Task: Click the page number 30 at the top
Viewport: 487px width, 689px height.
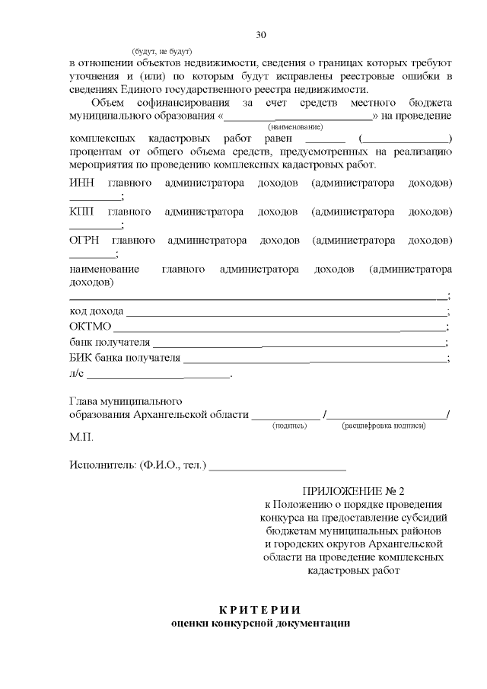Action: pyautogui.click(x=261, y=35)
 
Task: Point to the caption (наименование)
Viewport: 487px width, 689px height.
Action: pyautogui.click(x=295, y=126)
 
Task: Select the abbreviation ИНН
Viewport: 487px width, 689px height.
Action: pyautogui.click(x=82, y=183)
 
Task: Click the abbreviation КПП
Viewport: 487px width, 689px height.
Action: pyautogui.click(x=82, y=211)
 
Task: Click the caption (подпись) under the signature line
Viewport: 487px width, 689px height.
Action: pyautogui.click(x=289, y=426)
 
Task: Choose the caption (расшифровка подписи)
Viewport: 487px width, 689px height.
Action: pyautogui.click(x=384, y=426)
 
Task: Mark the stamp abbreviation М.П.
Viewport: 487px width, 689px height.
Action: pyautogui.click(x=81, y=439)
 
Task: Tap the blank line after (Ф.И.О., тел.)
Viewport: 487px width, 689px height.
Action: pyautogui.click(x=278, y=465)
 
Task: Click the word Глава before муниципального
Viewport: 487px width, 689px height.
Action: pyautogui.click(x=84, y=400)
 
